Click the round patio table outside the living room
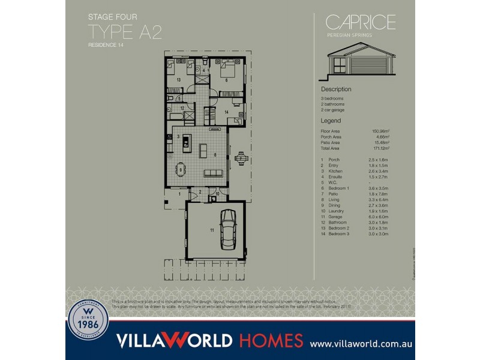241,158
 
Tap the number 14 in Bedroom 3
227,112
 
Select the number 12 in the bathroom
182,108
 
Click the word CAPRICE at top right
361,22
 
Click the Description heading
336,89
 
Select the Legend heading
331,121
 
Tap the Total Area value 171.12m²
380,148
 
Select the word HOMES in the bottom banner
271,341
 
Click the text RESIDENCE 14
106,45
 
